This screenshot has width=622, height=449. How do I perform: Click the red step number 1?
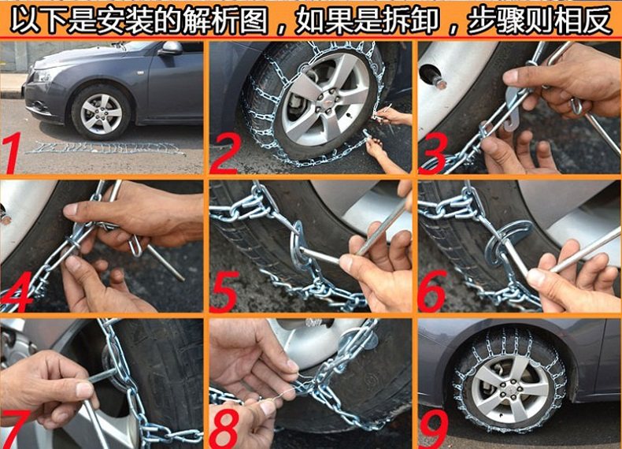coord(13,153)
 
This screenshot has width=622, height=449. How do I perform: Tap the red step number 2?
coord(224,154)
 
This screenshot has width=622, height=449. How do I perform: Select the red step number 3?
coord(433,154)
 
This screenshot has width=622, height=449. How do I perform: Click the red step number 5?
coord(224,291)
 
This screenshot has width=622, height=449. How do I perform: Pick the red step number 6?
coord(432,291)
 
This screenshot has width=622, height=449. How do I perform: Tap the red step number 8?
coord(224,429)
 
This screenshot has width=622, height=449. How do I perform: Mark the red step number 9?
coord(433,429)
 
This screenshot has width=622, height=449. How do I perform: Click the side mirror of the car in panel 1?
coord(171,48)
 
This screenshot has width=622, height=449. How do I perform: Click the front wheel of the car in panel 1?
coord(101,113)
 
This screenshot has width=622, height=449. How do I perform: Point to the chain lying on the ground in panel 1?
coord(106,147)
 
